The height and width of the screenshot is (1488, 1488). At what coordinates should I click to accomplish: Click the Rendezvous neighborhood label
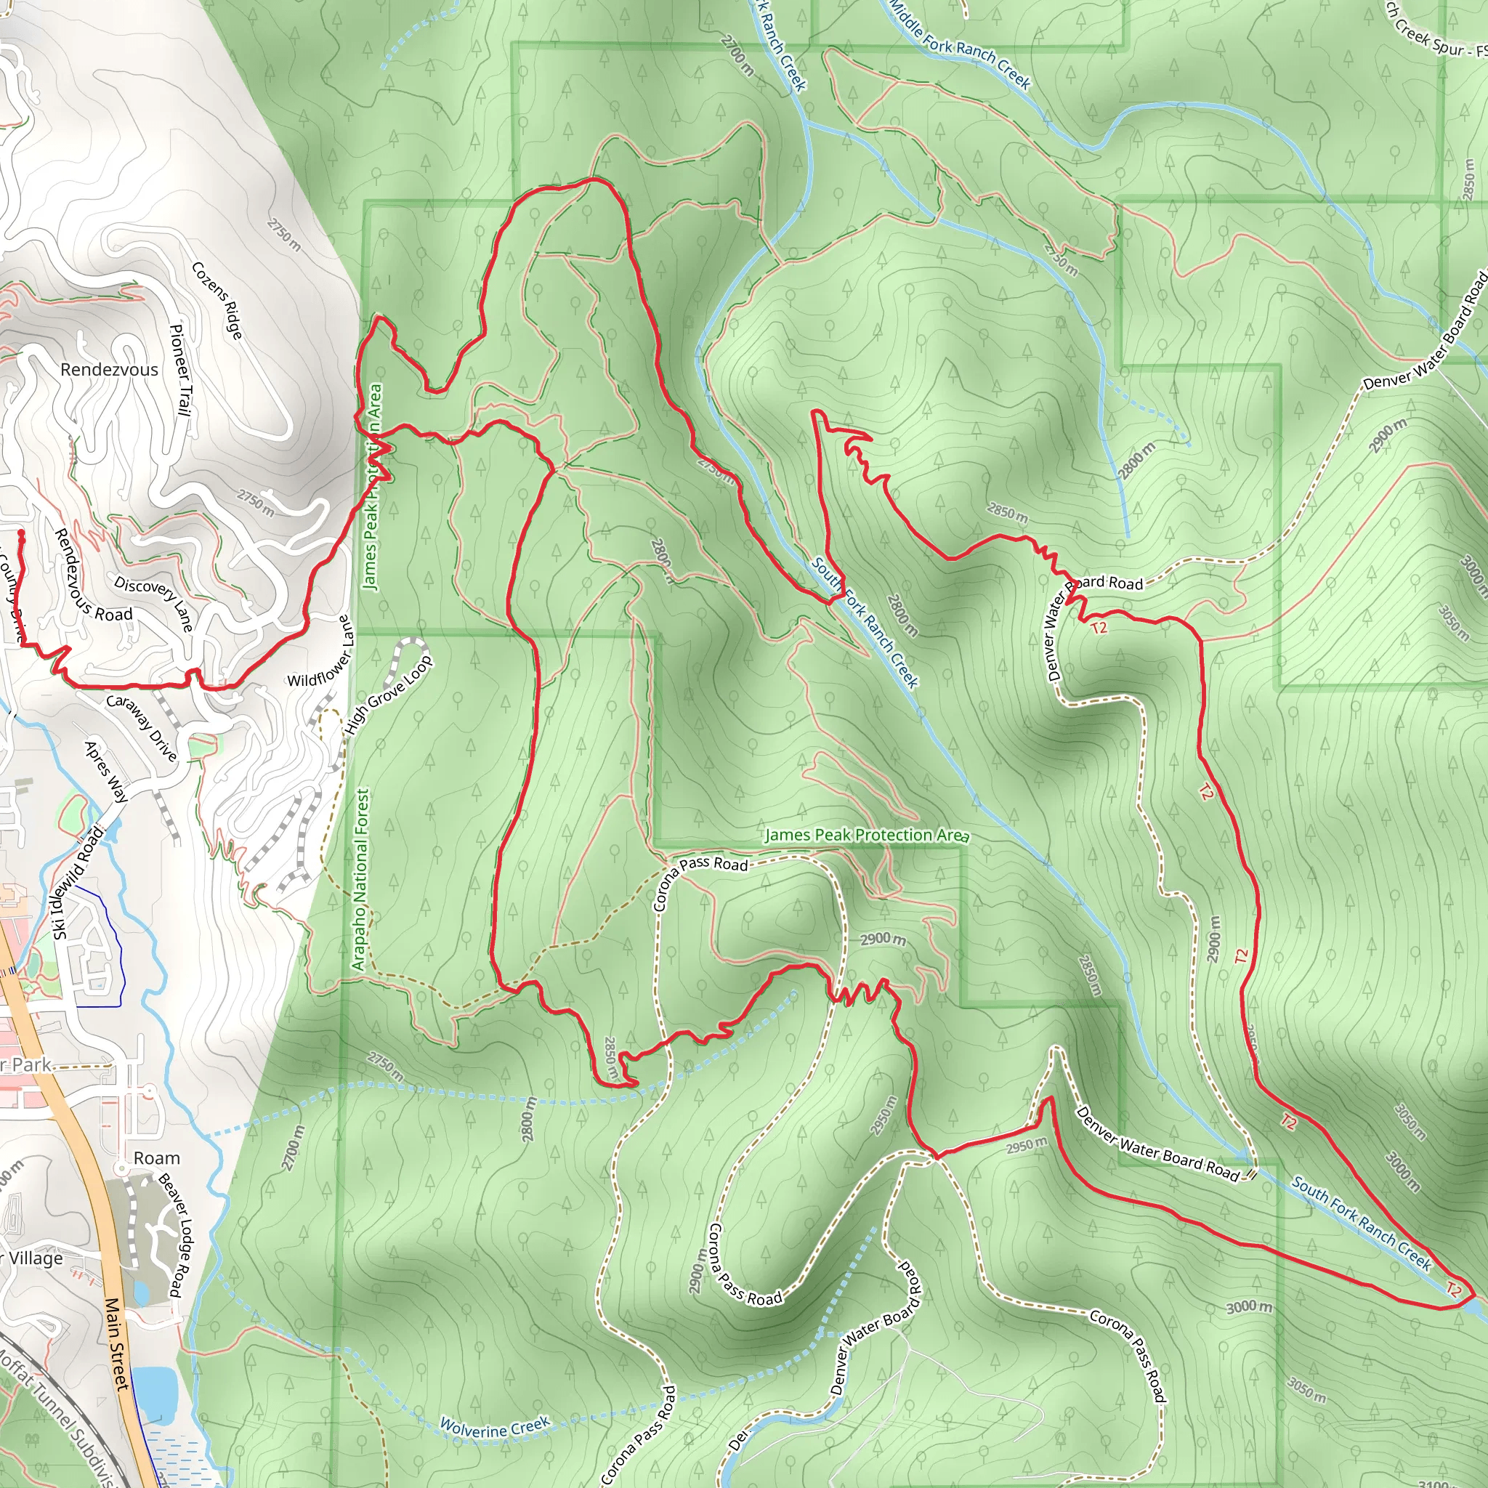tap(110, 370)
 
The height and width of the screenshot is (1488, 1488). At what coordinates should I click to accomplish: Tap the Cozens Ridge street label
tap(217, 300)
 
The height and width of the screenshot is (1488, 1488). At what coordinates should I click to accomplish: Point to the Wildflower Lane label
tap(320, 653)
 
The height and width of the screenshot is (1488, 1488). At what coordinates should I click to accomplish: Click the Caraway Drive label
tap(142, 727)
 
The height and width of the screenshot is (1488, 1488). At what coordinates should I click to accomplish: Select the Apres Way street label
tap(106, 772)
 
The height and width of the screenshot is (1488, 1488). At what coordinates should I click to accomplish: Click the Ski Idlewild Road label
tap(77, 883)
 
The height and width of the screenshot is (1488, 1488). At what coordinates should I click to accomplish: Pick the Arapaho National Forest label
tap(360, 879)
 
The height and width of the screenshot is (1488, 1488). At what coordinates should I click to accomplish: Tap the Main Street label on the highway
tap(116, 1344)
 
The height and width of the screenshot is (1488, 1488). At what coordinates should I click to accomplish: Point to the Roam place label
tap(156, 1158)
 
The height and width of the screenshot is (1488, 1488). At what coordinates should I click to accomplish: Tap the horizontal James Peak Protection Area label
tap(867, 835)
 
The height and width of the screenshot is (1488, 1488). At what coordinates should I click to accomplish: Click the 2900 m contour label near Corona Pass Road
tap(883, 939)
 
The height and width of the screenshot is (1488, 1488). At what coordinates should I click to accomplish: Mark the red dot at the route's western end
tap(21, 533)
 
